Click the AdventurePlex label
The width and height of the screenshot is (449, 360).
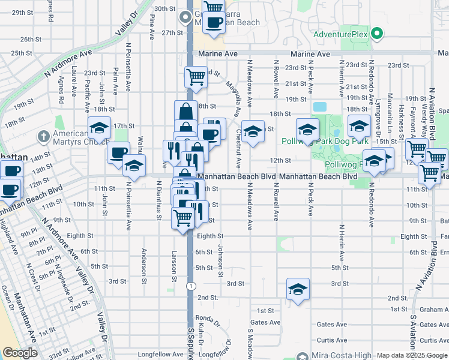[340, 34]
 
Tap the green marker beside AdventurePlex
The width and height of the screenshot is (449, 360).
[377, 34]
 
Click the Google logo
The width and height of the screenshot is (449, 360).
[19, 353]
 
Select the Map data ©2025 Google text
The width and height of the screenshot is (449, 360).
[411, 355]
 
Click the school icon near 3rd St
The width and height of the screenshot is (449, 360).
[297, 290]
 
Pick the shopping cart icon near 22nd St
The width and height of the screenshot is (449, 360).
[196, 76]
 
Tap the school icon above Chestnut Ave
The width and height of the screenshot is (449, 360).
[253, 131]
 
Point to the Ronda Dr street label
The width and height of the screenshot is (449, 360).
[208, 319]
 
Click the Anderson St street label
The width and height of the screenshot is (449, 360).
[144, 263]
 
